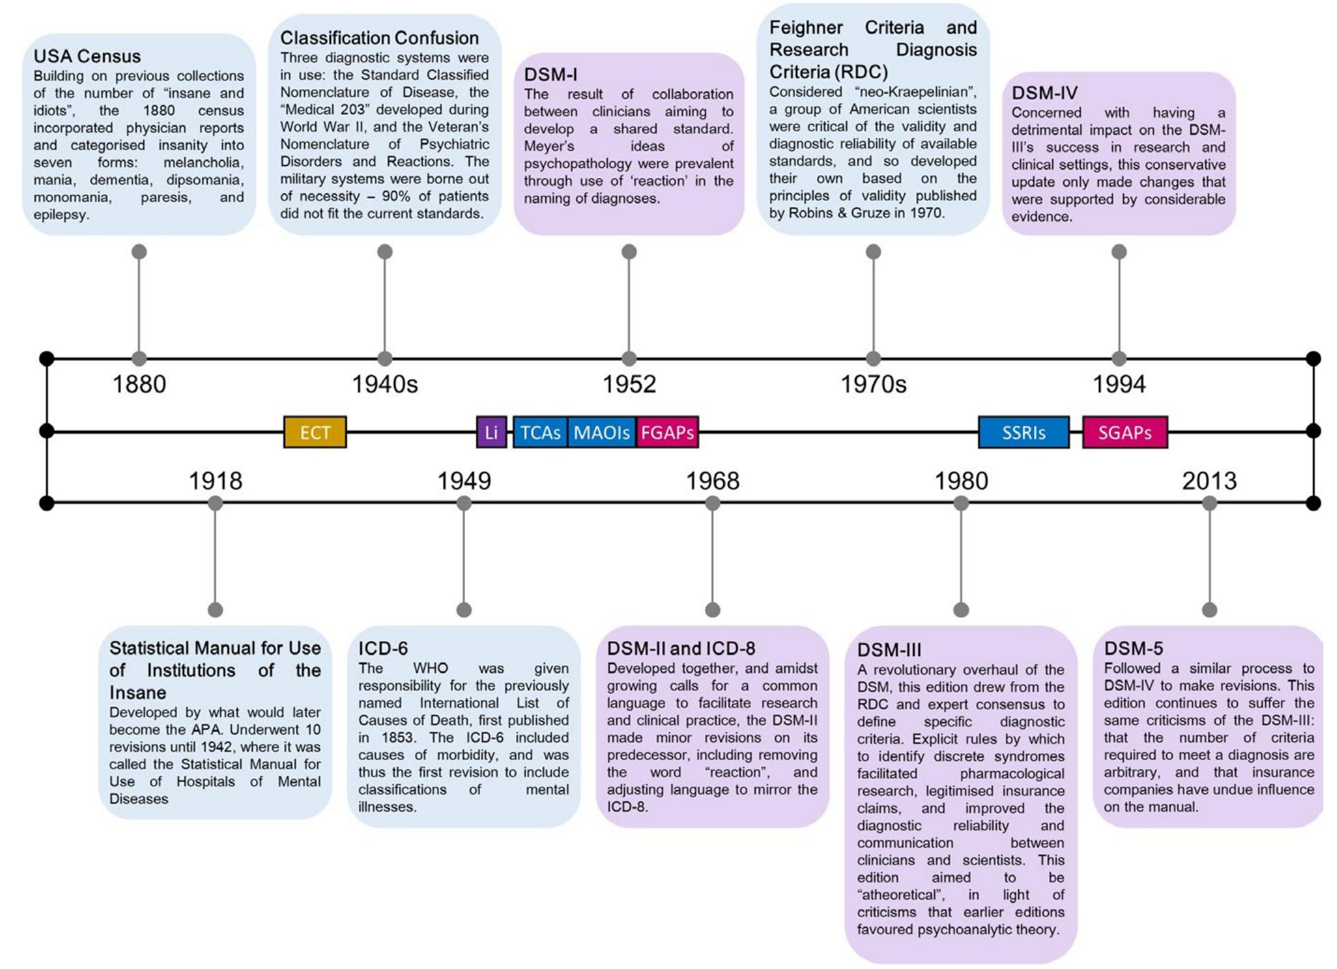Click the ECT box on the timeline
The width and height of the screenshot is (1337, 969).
tap(315, 432)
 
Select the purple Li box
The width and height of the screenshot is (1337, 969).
tap(491, 432)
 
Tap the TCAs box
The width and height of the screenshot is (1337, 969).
tap(540, 432)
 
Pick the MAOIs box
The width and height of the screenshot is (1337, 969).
tap(601, 432)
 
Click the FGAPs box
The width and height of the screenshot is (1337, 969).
tap(667, 432)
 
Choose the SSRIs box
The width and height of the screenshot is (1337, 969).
tap(1023, 432)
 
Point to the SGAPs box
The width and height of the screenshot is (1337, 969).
tap(1124, 432)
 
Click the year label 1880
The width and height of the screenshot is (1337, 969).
tap(139, 384)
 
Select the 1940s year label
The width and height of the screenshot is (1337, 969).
tap(385, 384)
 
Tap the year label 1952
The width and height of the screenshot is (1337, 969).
tap(629, 384)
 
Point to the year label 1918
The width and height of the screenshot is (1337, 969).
tap(215, 481)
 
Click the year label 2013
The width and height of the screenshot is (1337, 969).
tap(1209, 481)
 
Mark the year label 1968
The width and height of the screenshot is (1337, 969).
tap(712, 481)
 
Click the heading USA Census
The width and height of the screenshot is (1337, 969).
tap(87, 56)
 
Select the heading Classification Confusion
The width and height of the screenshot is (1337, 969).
tap(379, 38)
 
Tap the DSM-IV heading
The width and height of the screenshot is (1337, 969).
tap(1044, 93)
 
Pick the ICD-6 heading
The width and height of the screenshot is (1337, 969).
tap(383, 648)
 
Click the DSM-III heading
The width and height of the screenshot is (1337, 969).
tap(889, 650)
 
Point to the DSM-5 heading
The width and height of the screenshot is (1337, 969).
tap(1133, 648)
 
